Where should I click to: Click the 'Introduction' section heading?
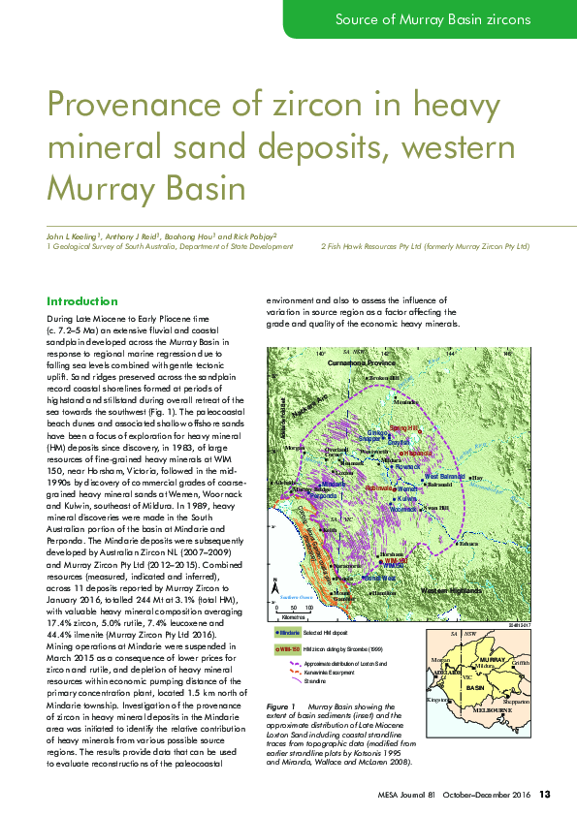pos(82,301)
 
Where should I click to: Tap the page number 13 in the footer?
pos(545,795)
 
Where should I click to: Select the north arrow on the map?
pos(277,585)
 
